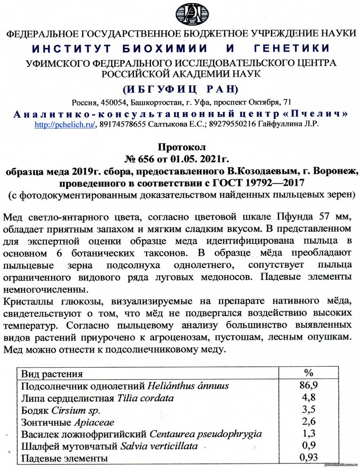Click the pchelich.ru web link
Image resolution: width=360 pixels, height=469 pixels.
pyautogui.click(x=66, y=124)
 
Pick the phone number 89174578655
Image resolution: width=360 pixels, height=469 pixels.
pyautogui.click(x=123, y=124)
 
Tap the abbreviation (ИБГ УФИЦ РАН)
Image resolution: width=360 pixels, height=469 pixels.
pyautogui.click(x=180, y=89)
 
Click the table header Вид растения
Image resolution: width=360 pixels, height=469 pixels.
pyautogui.click(x=52, y=374)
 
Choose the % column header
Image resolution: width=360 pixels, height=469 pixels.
pyautogui.click(x=308, y=373)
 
